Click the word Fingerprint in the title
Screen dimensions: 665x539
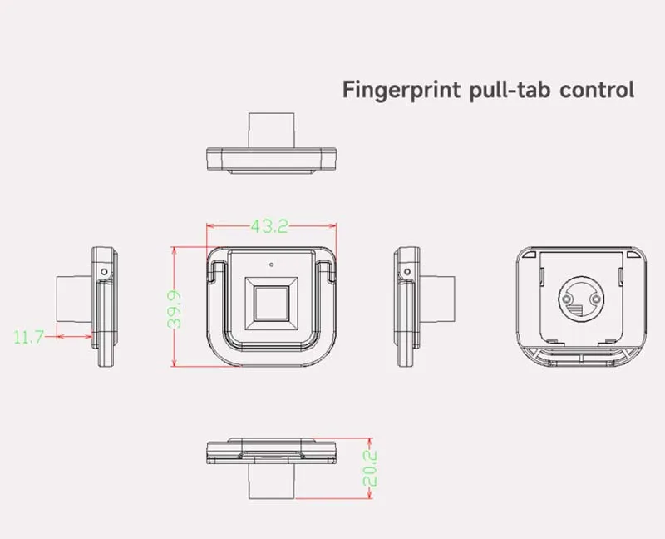tap(401, 90)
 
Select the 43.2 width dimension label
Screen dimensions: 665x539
tap(269, 226)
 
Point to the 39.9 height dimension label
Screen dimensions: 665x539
tap(174, 309)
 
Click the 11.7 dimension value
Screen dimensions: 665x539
tap(28, 338)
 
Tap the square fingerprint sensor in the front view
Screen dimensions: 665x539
tap(272, 303)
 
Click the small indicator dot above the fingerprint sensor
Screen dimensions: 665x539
tap(272, 265)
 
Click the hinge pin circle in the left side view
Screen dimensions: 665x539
tap(105, 272)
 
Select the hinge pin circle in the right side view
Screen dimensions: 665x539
tap(407, 272)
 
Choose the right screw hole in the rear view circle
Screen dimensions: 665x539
tap(596, 299)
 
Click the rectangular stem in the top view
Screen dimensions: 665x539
tap(272, 131)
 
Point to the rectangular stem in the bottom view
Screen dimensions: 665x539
tap(272, 482)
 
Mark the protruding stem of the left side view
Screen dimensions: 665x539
tap(74, 299)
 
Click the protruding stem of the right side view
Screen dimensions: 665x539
tap(437, 299)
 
